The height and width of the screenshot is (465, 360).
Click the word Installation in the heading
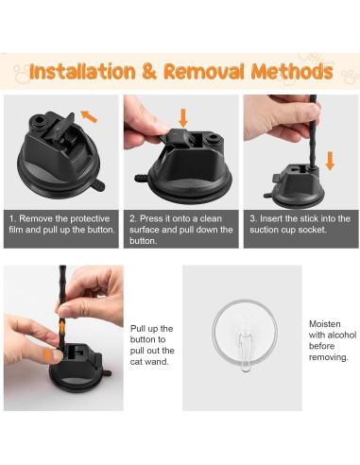[82, 72]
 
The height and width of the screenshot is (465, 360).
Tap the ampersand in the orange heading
[149, 71]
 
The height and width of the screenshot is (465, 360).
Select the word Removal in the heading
[204, 71]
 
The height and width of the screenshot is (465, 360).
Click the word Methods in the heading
[292, 71]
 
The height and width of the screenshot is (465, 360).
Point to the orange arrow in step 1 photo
[89, 116]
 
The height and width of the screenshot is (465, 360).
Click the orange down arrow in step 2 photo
[183, 118]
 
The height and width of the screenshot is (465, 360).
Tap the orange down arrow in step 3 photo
[330, 161]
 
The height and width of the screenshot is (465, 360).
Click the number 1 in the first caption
[11, 218]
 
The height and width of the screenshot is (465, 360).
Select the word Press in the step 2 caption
[150, 218]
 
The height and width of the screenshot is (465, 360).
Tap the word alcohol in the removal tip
[342, 335]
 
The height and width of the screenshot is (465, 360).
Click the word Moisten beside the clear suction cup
[325, 324]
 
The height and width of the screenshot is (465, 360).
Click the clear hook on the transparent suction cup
[246, 352]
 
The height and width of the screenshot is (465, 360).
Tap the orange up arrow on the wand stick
[62, 328]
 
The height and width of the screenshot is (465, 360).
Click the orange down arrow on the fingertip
[47, 353]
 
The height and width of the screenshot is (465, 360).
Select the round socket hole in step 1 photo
[40, 120]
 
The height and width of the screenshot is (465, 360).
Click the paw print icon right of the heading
[350, 77]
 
